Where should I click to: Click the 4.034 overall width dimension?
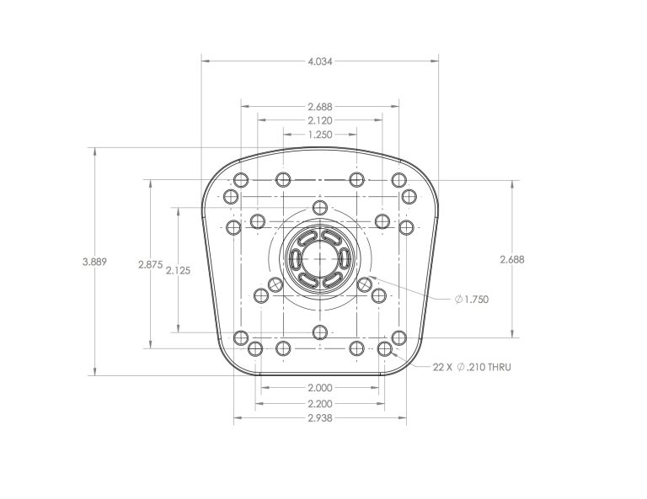[x=320, y=61]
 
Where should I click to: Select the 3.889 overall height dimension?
[x=94, y=262]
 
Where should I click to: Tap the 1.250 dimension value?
[x=320, y=135]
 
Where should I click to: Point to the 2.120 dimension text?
[x=320, y=120]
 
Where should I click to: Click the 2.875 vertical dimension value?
[x=151, y=264]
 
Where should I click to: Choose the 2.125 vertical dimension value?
[x=179, y=270]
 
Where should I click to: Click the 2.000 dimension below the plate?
[x=320, y=387]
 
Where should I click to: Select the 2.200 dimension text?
[x=320, y=403]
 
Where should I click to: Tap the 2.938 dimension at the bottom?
[x=320, y=418]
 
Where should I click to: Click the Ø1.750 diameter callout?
[x=472, y=300]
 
